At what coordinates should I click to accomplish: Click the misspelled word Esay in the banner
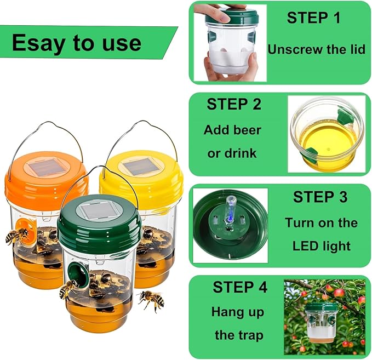point(37,43)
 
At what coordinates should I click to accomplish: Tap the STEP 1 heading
point(313,18)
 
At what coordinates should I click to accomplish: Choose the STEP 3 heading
point(321,197)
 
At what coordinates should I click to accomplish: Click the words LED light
point(321,245)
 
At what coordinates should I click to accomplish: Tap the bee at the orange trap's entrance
point(16,236)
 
